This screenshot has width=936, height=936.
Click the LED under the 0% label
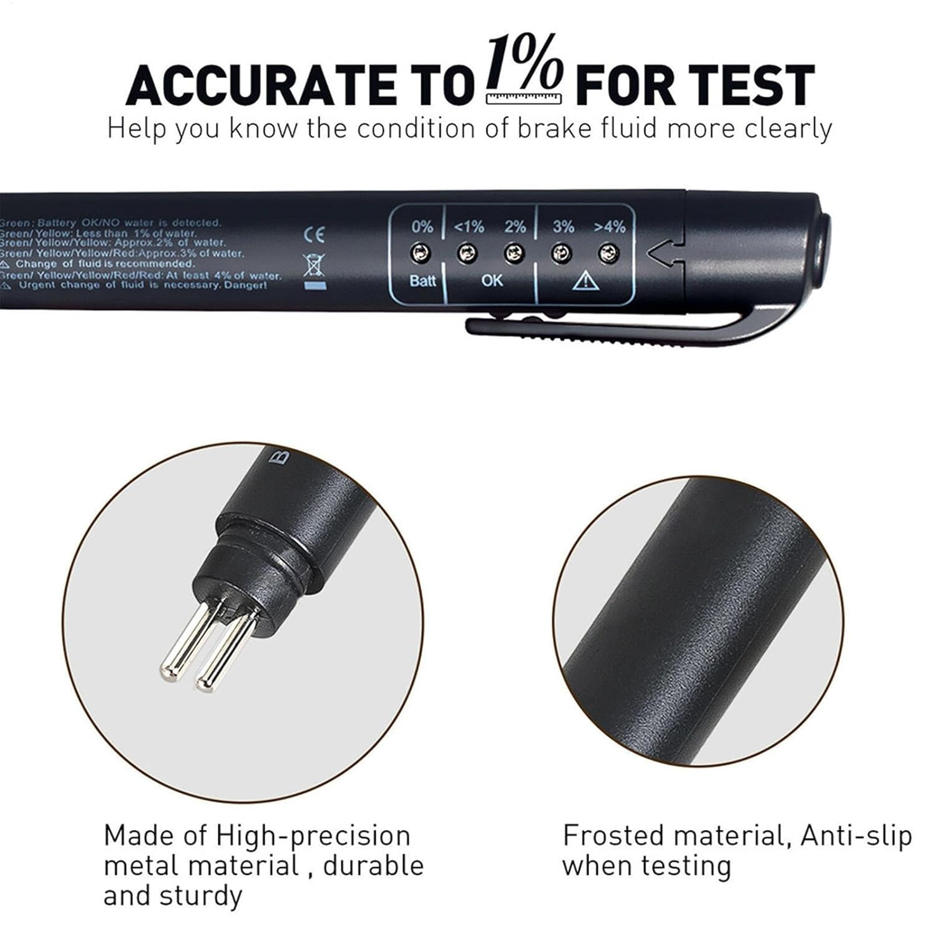point(422,253)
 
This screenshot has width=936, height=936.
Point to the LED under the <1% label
point(467,253)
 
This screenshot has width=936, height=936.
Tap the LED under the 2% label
point(514,253)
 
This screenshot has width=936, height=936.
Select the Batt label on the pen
point(422,281)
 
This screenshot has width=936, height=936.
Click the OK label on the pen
point(492,281)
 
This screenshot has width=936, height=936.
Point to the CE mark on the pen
point(314,235)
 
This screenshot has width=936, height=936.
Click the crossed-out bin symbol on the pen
point(314,265)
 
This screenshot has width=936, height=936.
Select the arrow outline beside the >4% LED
point(661,253)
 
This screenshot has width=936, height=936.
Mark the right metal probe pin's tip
point(204,685)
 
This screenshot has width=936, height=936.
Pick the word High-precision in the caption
point(313,836)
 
